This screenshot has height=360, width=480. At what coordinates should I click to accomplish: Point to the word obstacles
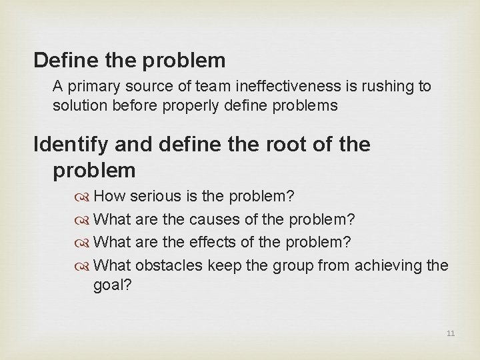point(169,265)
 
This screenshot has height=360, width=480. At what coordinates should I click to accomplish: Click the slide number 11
point(451,333)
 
